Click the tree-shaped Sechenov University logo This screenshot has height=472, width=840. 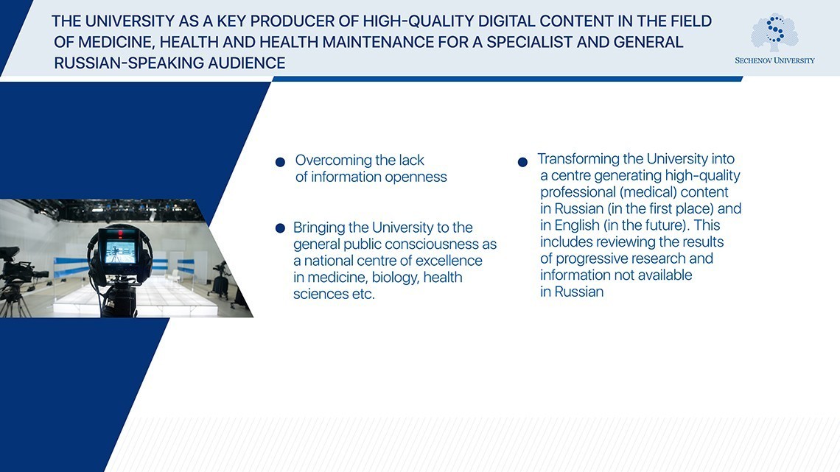(774, 32)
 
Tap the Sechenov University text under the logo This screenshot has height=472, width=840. (774, 60)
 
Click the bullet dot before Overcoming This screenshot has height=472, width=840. (280, 162)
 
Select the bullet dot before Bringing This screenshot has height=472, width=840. (280, 229)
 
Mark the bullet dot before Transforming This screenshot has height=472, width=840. (522, 162)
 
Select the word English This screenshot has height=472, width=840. (578, 225)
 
